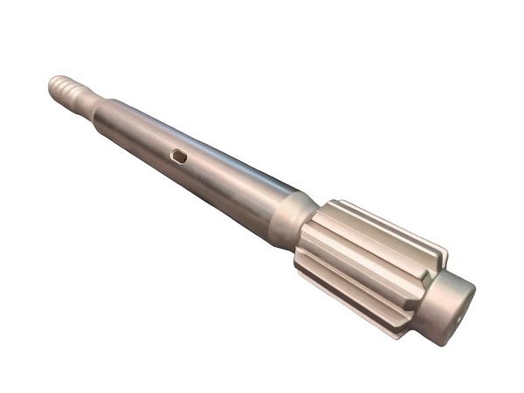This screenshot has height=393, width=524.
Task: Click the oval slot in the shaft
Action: click(179, 155)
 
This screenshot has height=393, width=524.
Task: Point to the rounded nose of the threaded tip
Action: click(52, 82)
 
